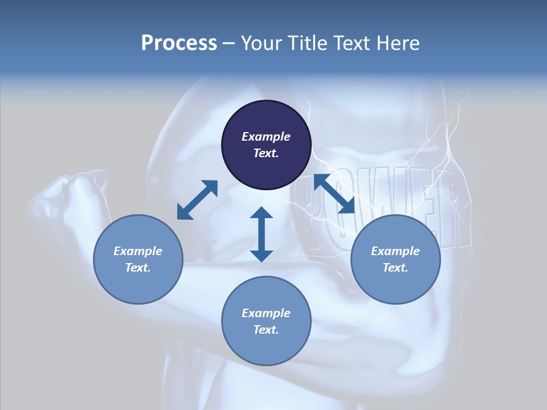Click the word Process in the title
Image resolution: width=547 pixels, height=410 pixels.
179,43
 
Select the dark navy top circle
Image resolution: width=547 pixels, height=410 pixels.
266,145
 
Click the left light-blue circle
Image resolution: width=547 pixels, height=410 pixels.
138,259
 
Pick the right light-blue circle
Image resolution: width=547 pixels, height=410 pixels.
395,259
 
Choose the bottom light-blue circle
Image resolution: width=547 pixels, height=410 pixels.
266,321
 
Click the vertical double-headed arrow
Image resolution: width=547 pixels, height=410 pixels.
262,234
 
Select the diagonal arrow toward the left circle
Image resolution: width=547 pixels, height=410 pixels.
197,200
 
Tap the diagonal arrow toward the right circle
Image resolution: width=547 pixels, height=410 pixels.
334,194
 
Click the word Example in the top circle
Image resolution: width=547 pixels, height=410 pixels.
266,137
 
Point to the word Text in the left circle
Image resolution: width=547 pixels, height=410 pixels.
138,268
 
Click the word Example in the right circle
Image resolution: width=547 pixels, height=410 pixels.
395,251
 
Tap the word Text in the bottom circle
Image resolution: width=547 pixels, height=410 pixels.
266,330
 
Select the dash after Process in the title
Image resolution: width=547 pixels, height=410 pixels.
228,44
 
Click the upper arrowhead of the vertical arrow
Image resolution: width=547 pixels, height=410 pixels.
262,214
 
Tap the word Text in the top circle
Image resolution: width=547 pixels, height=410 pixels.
266,153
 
